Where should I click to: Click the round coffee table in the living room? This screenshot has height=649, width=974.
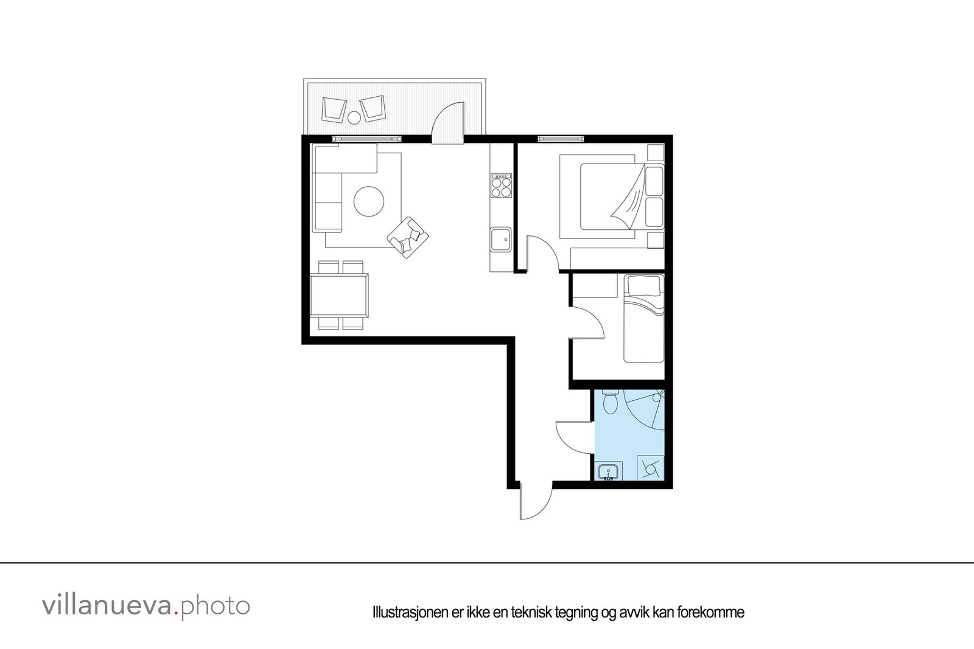[369, 201]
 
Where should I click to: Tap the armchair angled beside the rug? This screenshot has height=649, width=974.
[408, 237]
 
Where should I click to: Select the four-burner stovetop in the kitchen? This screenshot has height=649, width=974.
[501, 186]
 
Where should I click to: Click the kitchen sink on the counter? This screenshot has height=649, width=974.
[501, 238]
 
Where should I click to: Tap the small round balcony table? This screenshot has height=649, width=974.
[354, 117]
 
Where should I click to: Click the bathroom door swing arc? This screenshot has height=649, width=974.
[572, 436]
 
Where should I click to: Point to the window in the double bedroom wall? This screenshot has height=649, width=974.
[561, 139]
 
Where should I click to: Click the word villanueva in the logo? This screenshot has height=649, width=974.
[108, 606]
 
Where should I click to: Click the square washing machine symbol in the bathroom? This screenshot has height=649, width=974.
[650, 468]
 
